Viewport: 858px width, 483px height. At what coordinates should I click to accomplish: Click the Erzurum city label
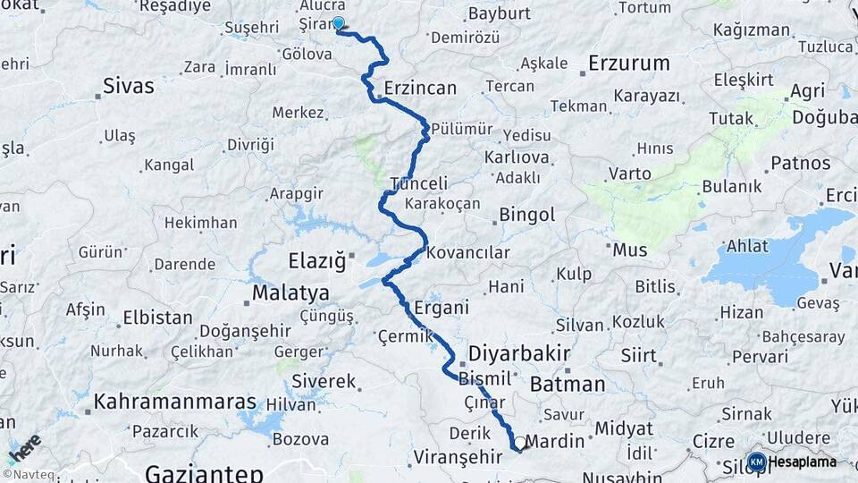click(629, 64)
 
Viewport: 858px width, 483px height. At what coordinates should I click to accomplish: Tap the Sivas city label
click(129, 87)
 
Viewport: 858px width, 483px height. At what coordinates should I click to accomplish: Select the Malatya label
click(290, 293)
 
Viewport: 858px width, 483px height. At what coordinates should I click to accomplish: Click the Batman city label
click(568, 385)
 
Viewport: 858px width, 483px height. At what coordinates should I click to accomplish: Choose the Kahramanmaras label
click(175, 402)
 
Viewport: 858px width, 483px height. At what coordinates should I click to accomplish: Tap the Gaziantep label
click(205, 472)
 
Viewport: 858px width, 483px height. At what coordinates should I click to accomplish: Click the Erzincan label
click(420, 89)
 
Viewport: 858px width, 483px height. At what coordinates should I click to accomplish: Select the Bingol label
click(527, 215)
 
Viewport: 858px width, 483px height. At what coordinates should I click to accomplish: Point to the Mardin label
click(554, 441)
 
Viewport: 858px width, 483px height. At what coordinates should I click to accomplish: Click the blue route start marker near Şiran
click(339, 23)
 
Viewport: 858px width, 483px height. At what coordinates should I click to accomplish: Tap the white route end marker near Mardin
click(519, 443)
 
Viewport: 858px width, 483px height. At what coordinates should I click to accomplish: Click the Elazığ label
click(316, 261)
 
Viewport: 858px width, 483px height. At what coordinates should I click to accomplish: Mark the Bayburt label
click(499, 13)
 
